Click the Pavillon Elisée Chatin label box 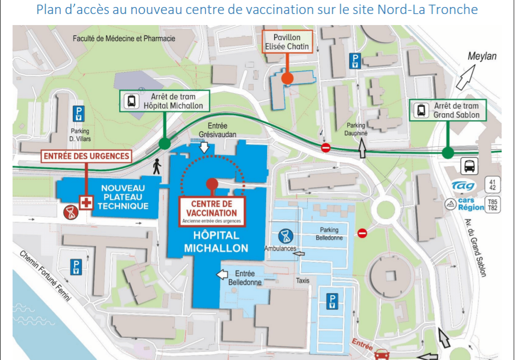click(x=287, y=42)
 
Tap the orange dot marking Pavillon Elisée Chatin click(x=287, y=78)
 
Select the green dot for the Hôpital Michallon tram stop click(x=164, y=145)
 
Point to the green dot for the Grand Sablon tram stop click(x=448, y=153)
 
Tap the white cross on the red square click(x=87, y=203)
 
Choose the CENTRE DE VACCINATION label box click(x=211, y=209)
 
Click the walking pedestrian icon click(x=157, y=166)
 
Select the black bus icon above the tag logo click(x=469, y=166)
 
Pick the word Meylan click(x=482, y=56)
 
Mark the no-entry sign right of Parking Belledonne click(x=362, y=233)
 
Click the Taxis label click(x=303, y=281)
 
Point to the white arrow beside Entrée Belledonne click(x=221, y=274)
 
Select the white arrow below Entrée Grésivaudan click(x=204, y=147)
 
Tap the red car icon click(x=382, y=353)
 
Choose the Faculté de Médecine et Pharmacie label click(x=124, y=39)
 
